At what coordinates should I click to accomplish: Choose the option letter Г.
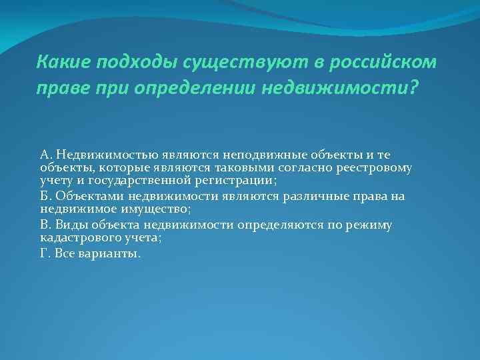click(x=45, y=253)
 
